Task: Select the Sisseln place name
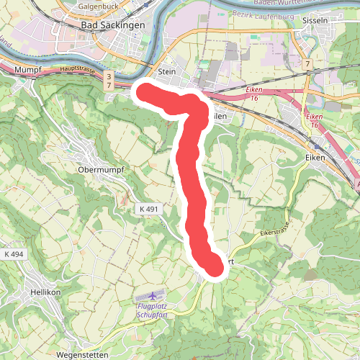[x=316, y=20]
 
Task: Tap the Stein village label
[x=166, y=71]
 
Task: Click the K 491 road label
[x=148, y=208]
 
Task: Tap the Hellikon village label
[x=48, y=292]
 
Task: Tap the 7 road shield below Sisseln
[x=307, y=66]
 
